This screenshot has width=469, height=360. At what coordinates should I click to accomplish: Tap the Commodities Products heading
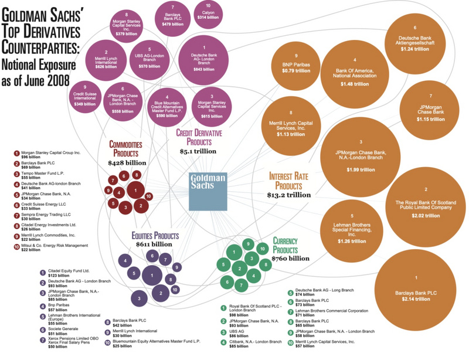[x=126, y=149]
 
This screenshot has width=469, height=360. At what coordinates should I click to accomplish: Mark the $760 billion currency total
[x=291, y=258]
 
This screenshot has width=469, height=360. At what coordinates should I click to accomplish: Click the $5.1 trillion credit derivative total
[x=198, y=151]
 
